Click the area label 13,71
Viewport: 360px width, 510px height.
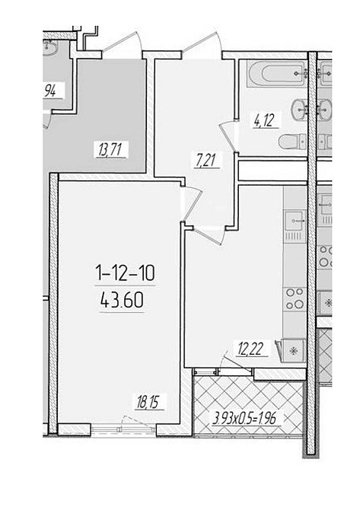coord(110,150)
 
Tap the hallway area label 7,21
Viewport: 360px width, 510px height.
coord(207,160)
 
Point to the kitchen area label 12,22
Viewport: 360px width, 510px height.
coord(250,349)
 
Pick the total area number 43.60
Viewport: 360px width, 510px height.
coord(122,300)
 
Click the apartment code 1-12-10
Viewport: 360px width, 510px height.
coord(126,273)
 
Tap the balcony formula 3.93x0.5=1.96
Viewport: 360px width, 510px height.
coord(244,419)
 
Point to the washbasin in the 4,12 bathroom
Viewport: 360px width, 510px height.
coord(299,110)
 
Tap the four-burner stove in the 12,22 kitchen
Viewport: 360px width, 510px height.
coord(295,299)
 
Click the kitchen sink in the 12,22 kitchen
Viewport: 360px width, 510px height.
coord(295,221)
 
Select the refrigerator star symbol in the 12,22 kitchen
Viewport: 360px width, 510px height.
coord(294,351)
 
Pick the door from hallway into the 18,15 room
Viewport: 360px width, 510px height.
coord(193,203)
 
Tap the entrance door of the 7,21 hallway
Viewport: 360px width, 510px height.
coord(202,45)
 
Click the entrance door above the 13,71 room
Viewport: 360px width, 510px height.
coord(123,45)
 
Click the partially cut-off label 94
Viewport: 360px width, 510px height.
coord(49,91)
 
